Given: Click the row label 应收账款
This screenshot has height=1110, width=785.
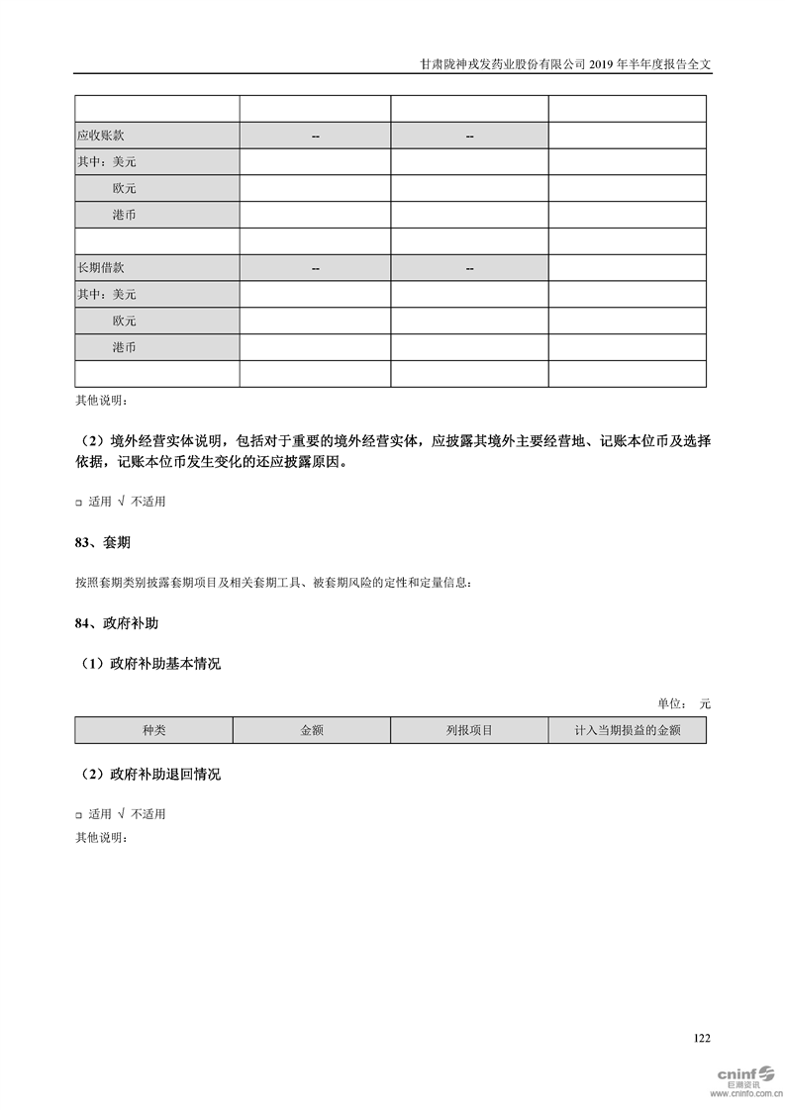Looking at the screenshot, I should (101, 136).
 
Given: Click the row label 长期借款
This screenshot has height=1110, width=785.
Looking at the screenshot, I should (101, 268).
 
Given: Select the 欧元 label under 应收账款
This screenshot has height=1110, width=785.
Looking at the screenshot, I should (125, 188).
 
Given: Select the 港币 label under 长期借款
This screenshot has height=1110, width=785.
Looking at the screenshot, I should (125, 347).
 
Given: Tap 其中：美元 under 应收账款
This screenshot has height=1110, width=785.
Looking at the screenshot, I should (107, 161).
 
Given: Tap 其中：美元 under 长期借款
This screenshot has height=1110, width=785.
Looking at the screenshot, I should (107, 294).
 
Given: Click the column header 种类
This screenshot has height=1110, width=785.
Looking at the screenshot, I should (154, 730).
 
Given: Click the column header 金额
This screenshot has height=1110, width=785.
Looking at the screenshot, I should (312, 730).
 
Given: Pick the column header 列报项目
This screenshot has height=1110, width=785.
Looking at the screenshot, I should (469, 730).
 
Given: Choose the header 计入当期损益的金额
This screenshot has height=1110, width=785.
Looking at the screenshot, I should (627, 730).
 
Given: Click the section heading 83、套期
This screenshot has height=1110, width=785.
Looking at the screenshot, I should (103, 543).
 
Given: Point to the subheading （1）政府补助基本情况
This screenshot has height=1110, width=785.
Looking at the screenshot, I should (148, 664).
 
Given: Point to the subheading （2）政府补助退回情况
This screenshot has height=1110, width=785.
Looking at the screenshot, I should (148, 774).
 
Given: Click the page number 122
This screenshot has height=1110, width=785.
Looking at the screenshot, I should (702, 1038).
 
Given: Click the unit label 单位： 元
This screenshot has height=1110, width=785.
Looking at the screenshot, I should (684, 703).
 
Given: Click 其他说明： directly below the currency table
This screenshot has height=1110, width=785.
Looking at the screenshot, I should (102, 401).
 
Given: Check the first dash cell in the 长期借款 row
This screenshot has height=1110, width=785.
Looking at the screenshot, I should (315, 268).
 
